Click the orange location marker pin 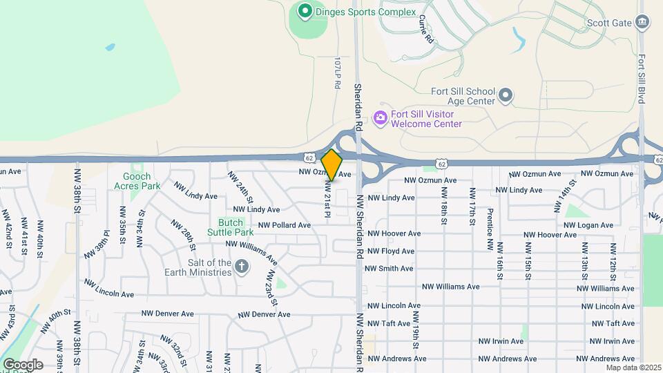pos(332,165)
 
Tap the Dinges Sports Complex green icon pos(304,11)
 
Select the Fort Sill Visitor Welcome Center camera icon pos(380,118)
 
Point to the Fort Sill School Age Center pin pos(506,95)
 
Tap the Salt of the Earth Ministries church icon pos(242,266)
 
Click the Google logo pos(23,364)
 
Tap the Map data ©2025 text pos(633,367)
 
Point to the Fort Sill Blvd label pos(642,79)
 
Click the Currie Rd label pos(425,30)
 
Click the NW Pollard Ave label pos(285,225)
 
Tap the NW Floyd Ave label pos(391,251)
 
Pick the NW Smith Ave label pos(389,269)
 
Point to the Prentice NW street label pos(490,229)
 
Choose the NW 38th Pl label pos(97,244)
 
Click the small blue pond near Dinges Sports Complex pos(110,48)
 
